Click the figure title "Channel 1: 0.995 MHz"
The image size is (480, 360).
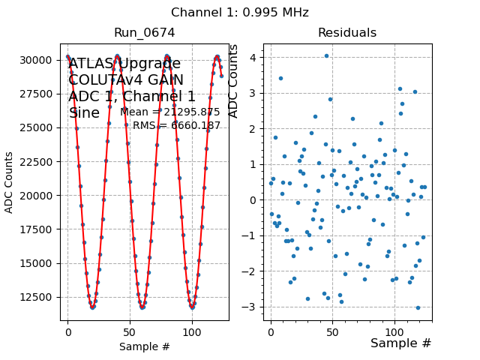(x=240, y=13)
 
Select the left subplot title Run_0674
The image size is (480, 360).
(x=145, y=33)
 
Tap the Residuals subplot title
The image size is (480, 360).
(x=347, y=33)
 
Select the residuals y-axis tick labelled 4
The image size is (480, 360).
(x=254, y=57)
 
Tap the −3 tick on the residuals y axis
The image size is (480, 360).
(x=251, y=307)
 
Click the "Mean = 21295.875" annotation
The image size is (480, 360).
(x=170, y=112)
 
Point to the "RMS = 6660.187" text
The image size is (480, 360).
(x=177, y=126)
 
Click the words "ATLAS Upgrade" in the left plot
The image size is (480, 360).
(x=124, y=64)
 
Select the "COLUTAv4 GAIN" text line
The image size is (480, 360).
(x=126, y=80)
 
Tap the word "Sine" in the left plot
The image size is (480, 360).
(x=84, y=113)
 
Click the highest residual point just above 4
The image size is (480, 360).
(x=326, y=55)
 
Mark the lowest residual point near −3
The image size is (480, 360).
(x=418, y=307)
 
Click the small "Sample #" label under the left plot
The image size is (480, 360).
(x=145, y=346)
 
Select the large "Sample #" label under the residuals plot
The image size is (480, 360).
(x=400, y=343)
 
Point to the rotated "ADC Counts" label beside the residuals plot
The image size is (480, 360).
(x=233, y=81)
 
